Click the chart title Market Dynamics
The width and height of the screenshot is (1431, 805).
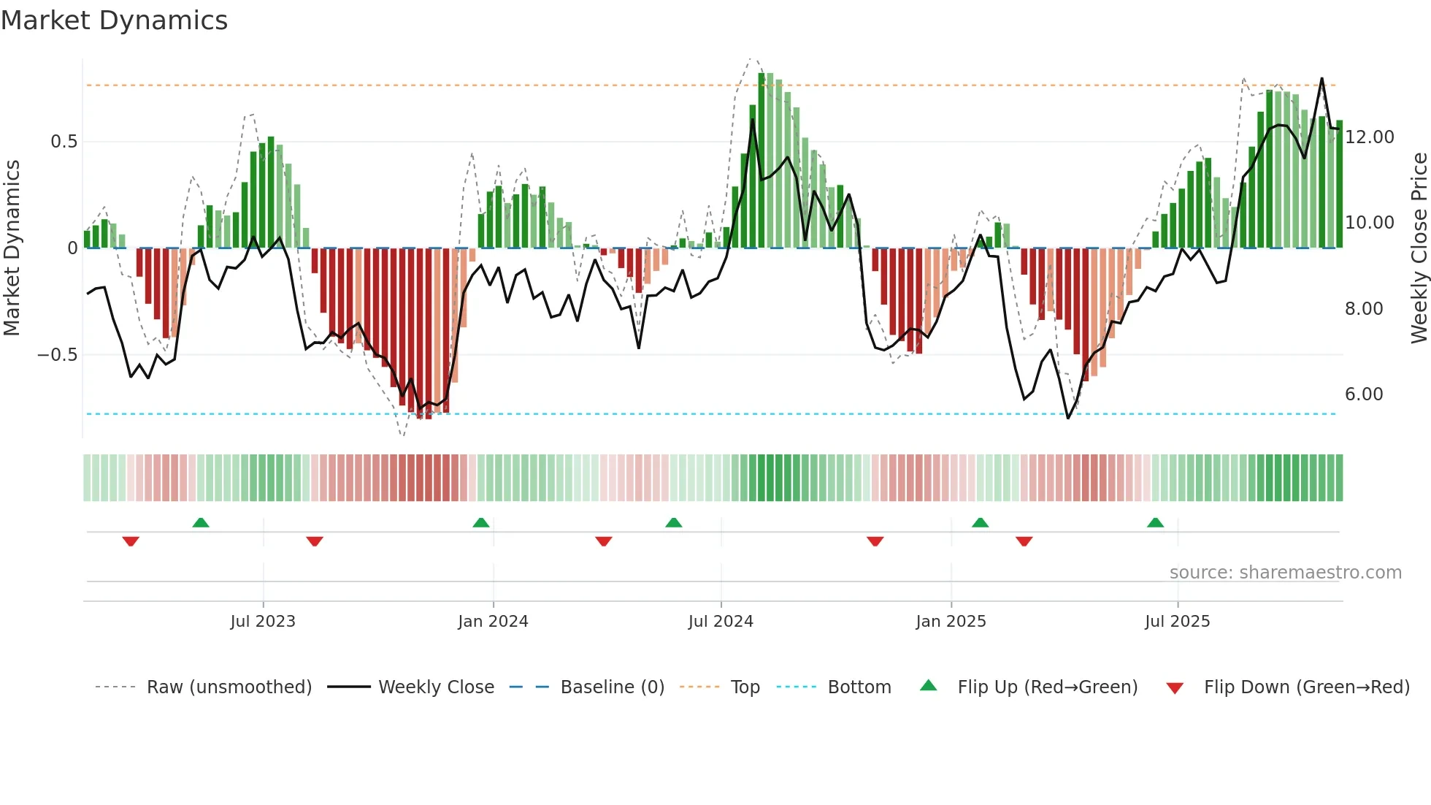point(114,20)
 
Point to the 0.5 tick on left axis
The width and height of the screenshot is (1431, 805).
point(64,142)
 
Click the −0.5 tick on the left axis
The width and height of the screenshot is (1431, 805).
point(58,355)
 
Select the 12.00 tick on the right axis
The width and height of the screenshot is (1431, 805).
point(1370,137)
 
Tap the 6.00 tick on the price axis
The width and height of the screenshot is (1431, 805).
point(1364,394)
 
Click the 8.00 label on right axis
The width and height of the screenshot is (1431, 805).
point(1364,309)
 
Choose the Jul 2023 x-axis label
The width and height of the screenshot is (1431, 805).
point(263,622)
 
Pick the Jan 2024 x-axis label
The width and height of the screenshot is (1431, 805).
point(493,622)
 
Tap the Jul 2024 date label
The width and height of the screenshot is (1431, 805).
point(721,622)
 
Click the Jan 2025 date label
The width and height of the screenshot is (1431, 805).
point(951,622)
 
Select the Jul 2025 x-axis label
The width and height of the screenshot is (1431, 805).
point(1177,622)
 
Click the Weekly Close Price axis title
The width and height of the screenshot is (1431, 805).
point(1419,248)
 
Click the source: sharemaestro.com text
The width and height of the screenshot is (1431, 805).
point(1285,573)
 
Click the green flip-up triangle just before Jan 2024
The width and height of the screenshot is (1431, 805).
point(480,522)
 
